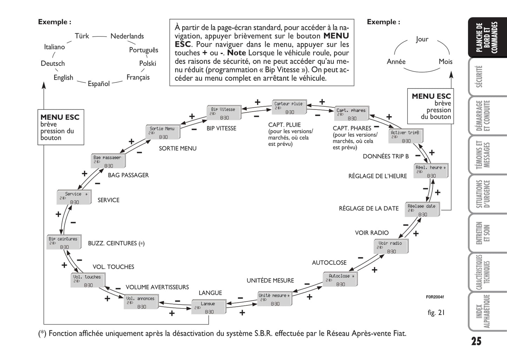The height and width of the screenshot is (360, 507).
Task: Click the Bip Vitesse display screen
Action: (224, 113)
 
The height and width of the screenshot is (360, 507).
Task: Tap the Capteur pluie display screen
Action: (289, 107)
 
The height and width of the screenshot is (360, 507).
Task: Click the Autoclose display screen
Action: (340, 280)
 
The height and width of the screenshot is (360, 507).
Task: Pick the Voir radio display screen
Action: (391, 247)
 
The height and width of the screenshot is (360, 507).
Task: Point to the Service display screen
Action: (74, 198)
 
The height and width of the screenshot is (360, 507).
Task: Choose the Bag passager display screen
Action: (108, 161)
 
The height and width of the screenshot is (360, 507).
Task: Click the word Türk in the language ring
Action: (82, 36)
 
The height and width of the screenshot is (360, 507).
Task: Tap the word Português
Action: (144, 50)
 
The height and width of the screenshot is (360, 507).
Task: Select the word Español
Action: (99, 84)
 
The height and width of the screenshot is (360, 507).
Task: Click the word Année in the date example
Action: (396, 61)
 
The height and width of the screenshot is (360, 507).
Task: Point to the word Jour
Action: (422, 39)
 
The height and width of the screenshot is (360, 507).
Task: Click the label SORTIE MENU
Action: (178, 148)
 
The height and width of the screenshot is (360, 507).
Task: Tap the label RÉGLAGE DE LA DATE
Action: (368, 208)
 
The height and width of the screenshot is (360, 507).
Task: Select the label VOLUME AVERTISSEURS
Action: (157, 287)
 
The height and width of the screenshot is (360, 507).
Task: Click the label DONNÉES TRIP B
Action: (386, 156)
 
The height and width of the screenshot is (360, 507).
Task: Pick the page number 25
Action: (476, 341)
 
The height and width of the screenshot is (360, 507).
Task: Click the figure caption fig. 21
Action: (436, 312)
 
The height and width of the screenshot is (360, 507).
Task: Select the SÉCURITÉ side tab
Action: (487, 76)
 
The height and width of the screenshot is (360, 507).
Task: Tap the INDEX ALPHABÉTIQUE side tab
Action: (487, 312)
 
